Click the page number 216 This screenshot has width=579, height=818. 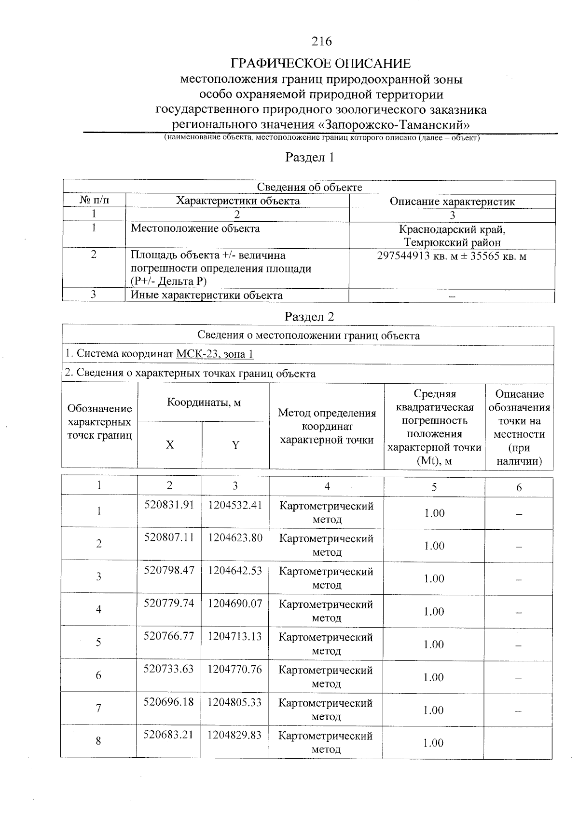322,41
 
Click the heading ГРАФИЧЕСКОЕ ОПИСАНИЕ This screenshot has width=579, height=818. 321,64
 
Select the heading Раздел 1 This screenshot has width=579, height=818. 310,158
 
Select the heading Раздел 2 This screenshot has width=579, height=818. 309,317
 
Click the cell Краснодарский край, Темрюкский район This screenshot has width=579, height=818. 452,236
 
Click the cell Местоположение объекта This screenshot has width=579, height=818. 195,228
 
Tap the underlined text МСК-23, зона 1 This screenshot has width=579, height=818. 215,354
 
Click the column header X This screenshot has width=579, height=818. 170,445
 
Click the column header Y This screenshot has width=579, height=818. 235,445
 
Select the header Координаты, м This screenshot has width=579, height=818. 204,402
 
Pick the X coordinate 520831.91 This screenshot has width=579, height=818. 169,505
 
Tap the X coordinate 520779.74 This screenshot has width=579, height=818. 169,603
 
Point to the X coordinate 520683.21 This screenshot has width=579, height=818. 168,735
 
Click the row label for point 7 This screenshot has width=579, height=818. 98,708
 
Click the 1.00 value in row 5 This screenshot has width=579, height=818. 434,644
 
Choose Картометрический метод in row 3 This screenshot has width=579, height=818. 326,578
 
